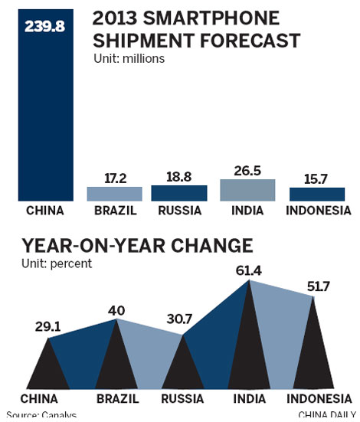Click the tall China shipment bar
coord(47,115)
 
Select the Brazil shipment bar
coord(114,193)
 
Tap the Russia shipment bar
coord(178,192)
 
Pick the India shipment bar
coord(247,190)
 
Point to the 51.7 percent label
coord(316,286)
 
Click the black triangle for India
coord(248,352)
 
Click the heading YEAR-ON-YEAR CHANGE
coord(138,246)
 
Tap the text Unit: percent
coord(57,263)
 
